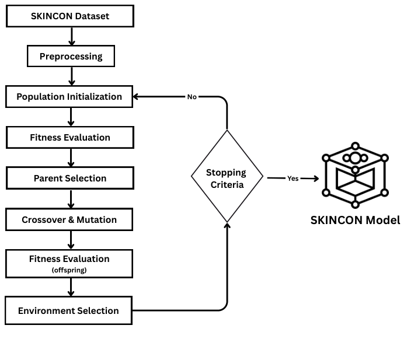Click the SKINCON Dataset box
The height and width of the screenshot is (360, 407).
coord(70,16)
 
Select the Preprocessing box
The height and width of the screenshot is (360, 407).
coord(71,56)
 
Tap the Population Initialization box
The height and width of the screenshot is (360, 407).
coord(69,96)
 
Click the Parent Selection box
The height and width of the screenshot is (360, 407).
coord(70,178)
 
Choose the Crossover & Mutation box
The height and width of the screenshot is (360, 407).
coord(69,219)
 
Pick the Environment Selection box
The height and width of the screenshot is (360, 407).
coord(68,310)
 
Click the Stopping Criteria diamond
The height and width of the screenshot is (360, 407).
coord(227,176)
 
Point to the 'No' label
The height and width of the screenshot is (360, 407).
coord(192,97)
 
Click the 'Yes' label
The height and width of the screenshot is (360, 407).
coord(293,179)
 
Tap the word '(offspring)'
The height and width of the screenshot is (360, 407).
coord(69,270)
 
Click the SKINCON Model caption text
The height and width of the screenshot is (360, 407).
coord(355,220)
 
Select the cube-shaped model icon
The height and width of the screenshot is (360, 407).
coord(355,175)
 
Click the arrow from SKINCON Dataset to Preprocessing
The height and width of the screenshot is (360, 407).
coord(72,36)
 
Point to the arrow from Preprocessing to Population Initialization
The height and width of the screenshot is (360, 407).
coord(72,76)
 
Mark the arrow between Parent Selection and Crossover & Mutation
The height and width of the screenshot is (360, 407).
coord(71,199)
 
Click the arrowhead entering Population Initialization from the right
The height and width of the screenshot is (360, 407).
coord(135,96)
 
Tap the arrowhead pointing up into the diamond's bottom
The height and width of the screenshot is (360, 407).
coord(227,225)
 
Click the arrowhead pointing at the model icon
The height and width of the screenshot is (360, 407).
coord(316,179)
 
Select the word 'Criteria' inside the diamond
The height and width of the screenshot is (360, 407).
coord(227,185)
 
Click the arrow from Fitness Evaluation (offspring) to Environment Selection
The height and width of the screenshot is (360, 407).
coord(71,288)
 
